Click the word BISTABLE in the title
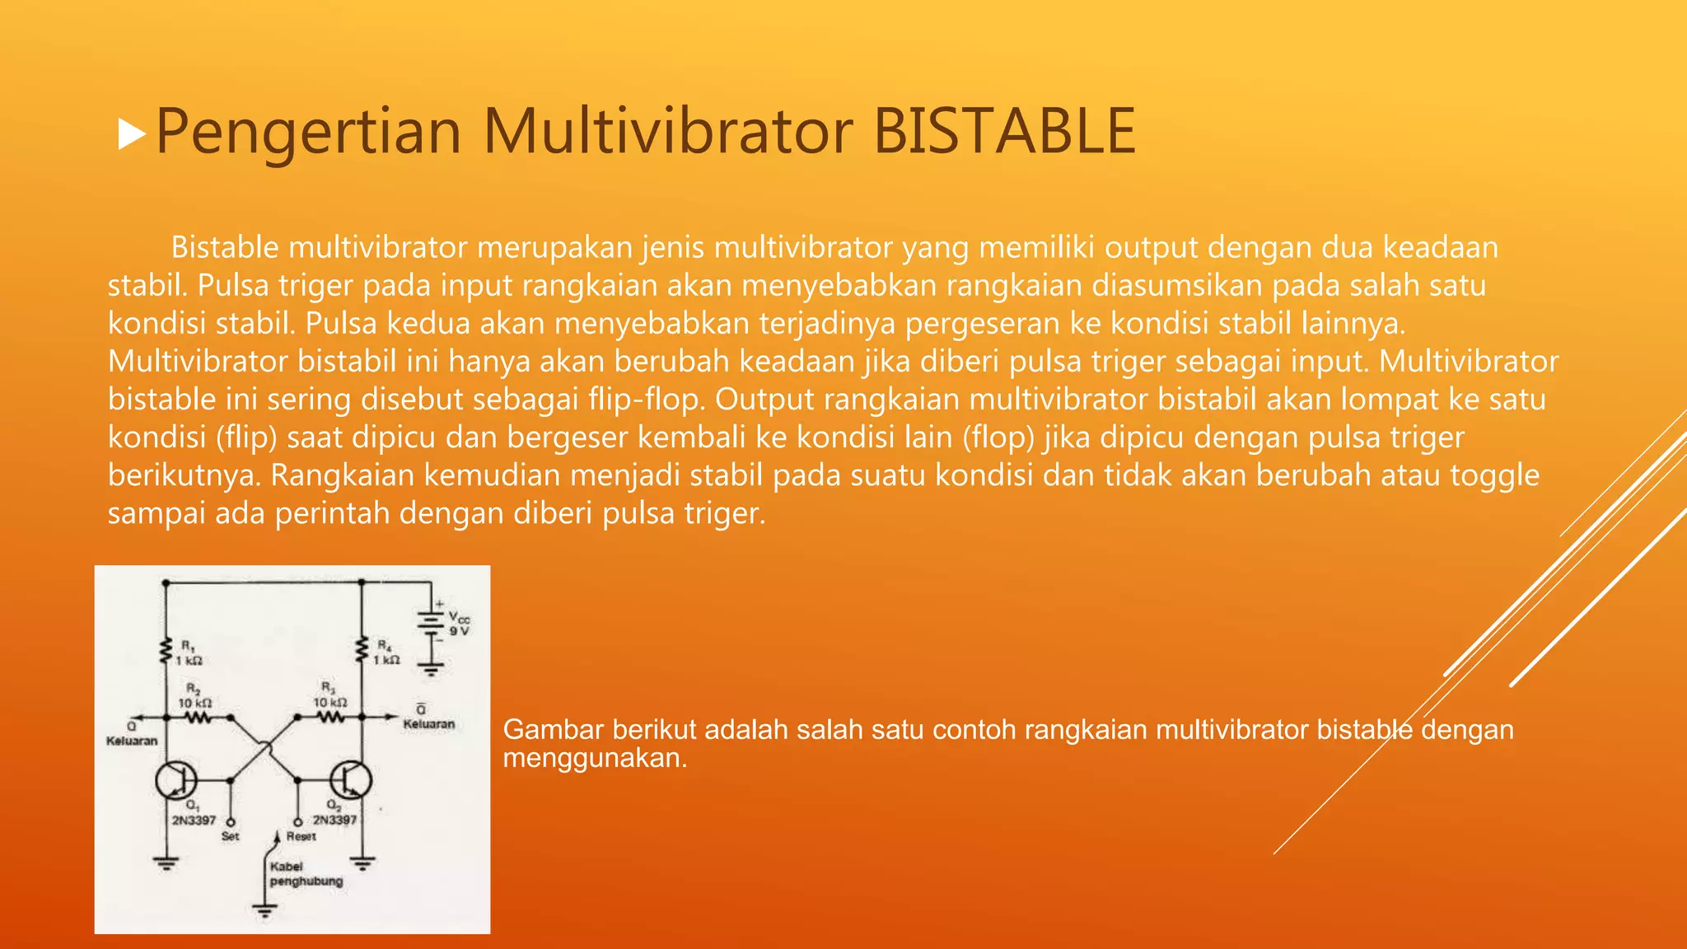1003,132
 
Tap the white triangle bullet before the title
131,134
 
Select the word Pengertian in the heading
307,132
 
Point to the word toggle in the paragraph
1494,475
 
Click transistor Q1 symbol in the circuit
175,779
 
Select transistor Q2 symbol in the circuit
351,779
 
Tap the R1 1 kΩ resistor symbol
166,651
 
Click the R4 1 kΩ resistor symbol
361,650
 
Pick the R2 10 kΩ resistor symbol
197,718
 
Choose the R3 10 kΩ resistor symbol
329,718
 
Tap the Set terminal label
230,836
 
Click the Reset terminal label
301,836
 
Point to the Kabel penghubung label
305,874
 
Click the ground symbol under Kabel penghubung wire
264,911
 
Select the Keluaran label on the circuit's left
132,741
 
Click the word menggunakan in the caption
595,758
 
